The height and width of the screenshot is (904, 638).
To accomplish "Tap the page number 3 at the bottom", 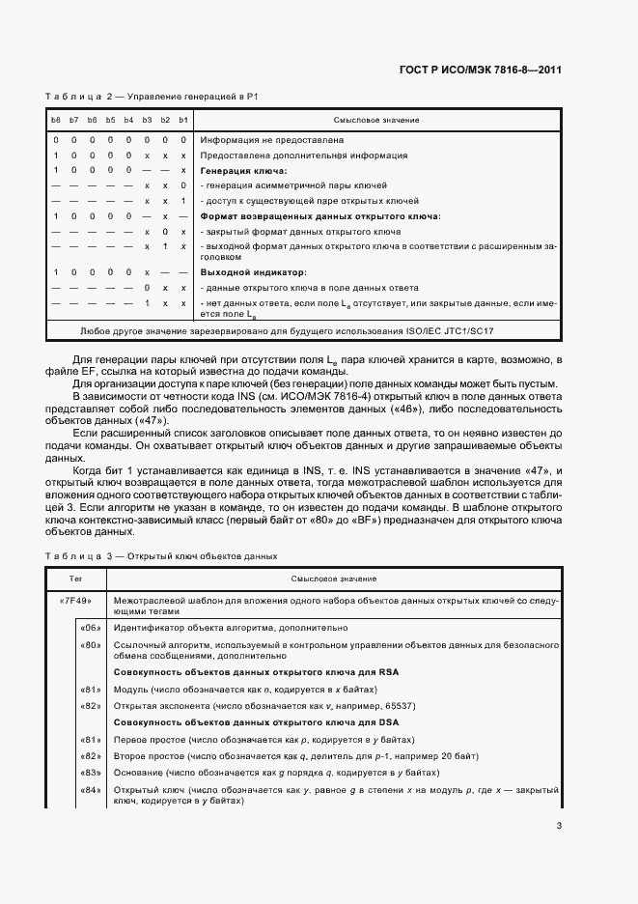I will [x=559, y=826].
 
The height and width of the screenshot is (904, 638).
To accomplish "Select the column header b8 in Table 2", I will [x=57, y=120].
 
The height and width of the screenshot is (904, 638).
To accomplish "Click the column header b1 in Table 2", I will [x=183, y=120].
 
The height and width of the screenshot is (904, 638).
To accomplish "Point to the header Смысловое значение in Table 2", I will [x=375, y=120].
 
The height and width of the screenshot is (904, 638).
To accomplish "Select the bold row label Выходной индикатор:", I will [x=245, y=273].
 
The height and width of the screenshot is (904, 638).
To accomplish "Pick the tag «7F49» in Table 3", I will [x=75, y=600].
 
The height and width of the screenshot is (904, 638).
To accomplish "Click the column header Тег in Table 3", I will [x=75, y=579].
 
